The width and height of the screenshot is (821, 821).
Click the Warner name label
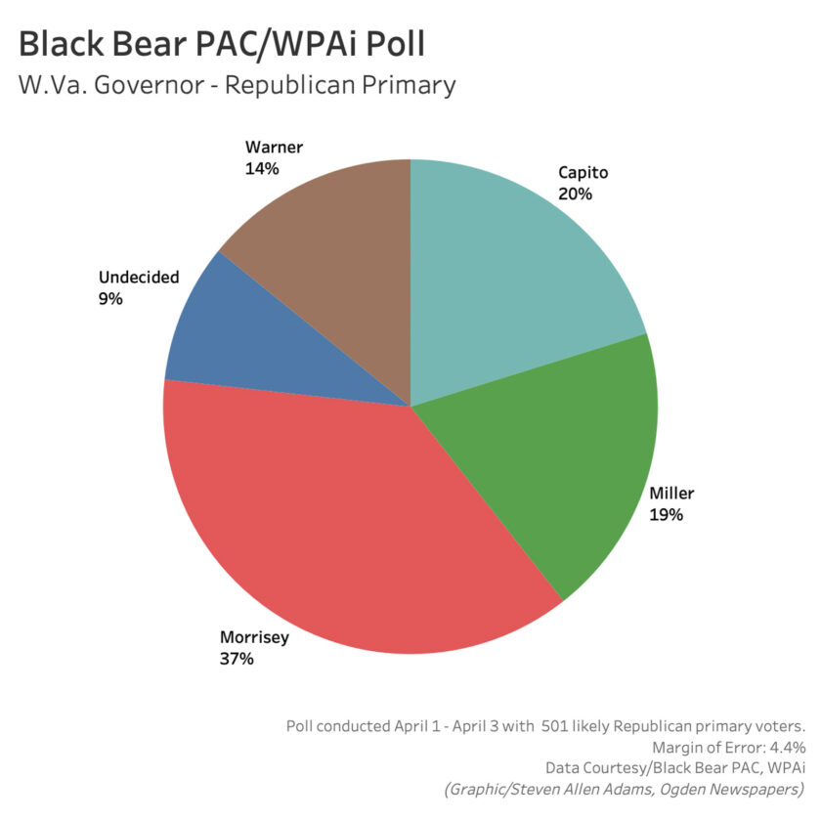coord(274,148)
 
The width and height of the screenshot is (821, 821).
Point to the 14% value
coord(262,168)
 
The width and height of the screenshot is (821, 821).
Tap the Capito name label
coord(583,173)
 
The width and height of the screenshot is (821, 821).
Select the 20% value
coord(575,194)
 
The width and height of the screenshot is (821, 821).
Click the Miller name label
coord(671,494)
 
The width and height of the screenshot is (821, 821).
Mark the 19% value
coord(666,515)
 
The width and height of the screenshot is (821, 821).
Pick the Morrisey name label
coord(254,637)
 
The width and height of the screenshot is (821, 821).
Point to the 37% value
coord(237,659)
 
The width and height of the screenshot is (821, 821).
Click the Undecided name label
coord(139,277)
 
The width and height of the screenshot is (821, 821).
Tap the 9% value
coord(110,299)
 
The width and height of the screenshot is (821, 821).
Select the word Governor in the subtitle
coord(149,85)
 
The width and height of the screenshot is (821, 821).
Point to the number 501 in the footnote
coord(554,726)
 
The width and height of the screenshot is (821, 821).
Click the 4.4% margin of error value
coord(787,747)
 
